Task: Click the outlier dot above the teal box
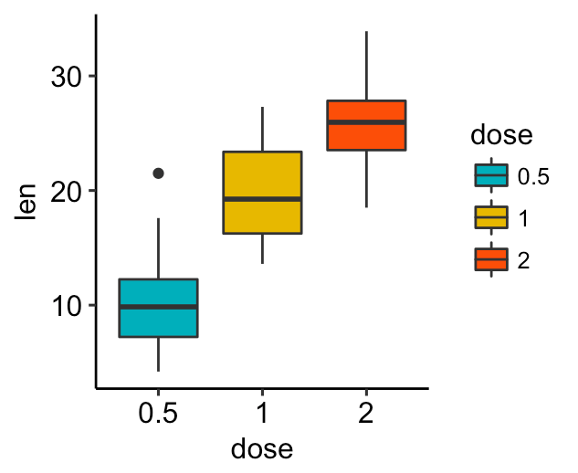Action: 158,173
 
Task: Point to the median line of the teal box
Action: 159,307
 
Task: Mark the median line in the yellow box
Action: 262,198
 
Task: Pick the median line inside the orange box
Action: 366,122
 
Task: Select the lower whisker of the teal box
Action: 159,353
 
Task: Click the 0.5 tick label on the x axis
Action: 159,414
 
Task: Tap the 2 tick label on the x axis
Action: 366,414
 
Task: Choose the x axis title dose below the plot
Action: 261,449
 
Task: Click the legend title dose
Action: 501,136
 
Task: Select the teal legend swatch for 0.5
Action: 491,175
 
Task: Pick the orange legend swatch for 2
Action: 491,259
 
